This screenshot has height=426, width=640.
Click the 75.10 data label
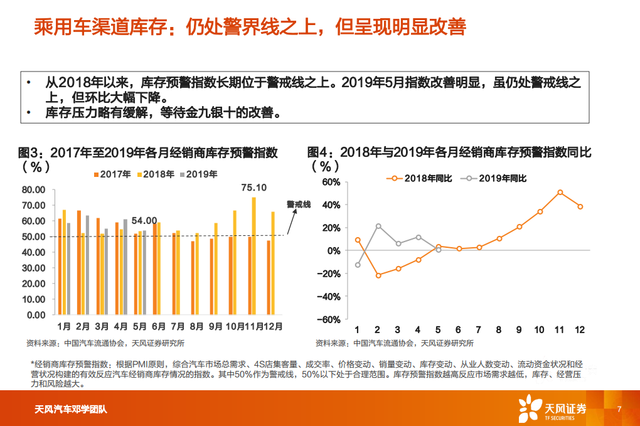254,188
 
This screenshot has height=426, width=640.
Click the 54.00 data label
144,220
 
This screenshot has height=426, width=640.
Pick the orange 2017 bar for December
269,277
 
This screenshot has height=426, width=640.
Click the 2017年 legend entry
112,174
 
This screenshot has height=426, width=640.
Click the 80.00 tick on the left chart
33,189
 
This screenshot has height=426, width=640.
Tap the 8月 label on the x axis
196,326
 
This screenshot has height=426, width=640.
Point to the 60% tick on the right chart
331,182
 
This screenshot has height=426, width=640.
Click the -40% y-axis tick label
329,296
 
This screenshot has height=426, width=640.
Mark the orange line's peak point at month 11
560,193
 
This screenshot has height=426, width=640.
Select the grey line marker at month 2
378,226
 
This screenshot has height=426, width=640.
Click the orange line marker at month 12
580,206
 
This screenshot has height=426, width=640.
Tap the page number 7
619,410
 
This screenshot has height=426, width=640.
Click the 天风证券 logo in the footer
552,409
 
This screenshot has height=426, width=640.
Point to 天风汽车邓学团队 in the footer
70,410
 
